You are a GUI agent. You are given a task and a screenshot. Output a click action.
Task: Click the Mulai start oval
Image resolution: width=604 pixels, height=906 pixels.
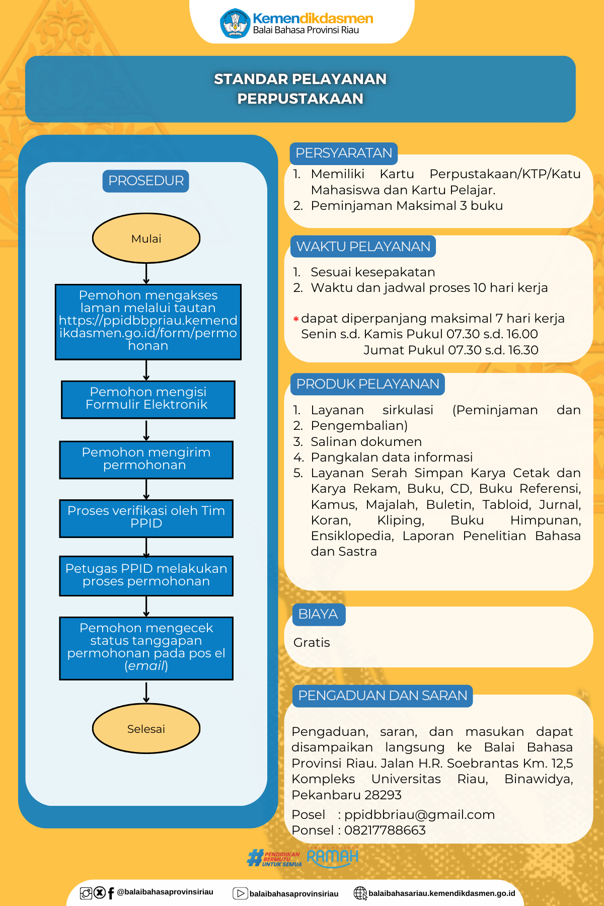coord(146,238)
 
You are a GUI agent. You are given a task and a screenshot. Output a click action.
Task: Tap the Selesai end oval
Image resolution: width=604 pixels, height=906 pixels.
coord(146,728)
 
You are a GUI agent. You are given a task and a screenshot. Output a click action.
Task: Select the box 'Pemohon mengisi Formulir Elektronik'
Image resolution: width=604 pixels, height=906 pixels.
coord(148,400)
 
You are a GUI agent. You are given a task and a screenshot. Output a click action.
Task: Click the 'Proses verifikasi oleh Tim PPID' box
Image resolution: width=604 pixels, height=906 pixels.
coord(146,518)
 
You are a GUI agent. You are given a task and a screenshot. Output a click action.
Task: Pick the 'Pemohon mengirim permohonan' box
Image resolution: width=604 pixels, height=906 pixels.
coord(146,460)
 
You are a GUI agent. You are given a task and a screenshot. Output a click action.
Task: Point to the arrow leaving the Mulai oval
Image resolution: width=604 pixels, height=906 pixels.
coord(146,274)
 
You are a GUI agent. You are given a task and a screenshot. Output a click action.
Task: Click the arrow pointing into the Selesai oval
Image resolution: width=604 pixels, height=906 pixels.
coord(146,693)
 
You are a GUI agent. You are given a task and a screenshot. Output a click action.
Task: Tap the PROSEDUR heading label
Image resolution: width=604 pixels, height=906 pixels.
coord(146,181)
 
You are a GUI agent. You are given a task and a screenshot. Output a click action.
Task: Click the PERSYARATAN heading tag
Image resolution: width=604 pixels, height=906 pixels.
coord(344,154)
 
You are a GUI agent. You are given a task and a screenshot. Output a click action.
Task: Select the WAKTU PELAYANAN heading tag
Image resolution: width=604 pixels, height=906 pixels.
coord(363,247)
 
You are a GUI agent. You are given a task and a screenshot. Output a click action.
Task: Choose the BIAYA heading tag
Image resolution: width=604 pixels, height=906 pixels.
coord(319,615)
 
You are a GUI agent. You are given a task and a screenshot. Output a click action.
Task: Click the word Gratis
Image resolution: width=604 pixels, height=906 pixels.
coord(312,643)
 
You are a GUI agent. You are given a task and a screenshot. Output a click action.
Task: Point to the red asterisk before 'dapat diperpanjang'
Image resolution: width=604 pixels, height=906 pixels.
coord(296,319)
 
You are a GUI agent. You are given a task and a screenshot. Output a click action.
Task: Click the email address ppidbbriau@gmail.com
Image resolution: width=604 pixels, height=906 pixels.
coord(420,814)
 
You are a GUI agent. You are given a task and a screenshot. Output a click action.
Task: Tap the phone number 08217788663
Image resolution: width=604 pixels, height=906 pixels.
coord(385,830)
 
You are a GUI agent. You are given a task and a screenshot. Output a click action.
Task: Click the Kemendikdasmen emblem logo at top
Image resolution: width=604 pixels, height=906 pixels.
coord(235,23)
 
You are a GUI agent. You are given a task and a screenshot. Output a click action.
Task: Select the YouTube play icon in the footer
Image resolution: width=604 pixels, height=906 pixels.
coord(240,893)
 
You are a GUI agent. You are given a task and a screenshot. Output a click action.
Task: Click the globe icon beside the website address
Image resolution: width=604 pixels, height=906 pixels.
coord(360,893)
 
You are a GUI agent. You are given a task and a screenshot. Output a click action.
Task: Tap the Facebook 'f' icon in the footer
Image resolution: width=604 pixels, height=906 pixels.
coord(111,893)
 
